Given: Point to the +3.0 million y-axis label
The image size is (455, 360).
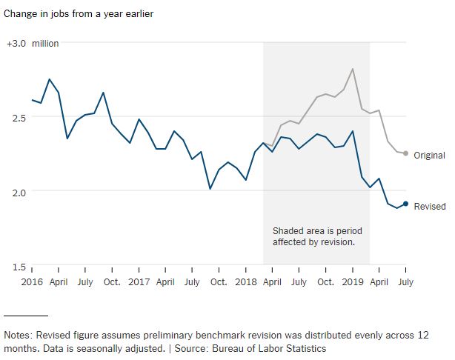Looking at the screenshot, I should (33, 44).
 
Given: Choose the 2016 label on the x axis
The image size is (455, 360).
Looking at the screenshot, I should (32, 282).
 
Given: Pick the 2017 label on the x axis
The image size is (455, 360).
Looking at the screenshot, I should (139, 282).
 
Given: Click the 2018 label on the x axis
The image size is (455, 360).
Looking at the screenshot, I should (245, 282).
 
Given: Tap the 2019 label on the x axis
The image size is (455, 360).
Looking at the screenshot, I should (352, 282).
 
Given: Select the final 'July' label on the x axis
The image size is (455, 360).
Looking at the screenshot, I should (405, 282).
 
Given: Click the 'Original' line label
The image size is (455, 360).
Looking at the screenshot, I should (429, 156).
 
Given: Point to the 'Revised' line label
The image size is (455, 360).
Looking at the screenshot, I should (429, 207).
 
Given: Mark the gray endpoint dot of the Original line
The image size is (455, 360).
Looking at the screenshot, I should (405, 153).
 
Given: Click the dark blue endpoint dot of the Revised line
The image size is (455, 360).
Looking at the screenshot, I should (405, 204).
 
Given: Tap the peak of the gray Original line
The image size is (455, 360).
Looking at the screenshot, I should (352, 69).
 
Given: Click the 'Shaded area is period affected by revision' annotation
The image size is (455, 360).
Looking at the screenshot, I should (317, 236).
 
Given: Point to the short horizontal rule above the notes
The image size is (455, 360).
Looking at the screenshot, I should (25, 316).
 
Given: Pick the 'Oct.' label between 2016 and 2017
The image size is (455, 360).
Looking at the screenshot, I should (112, 282).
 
